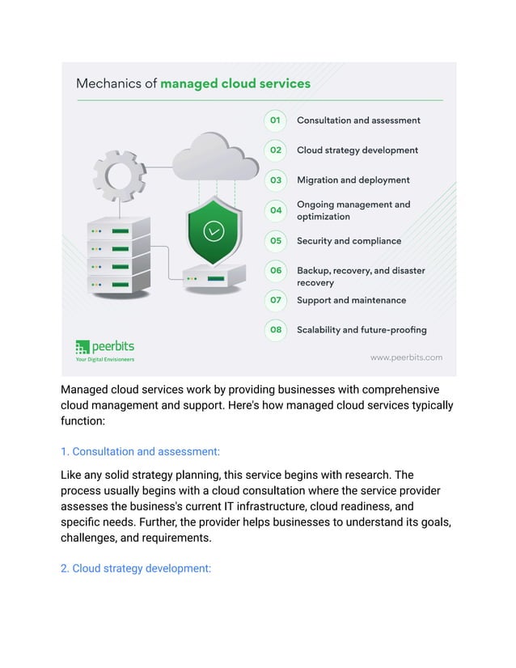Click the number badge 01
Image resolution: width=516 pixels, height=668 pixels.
pos(275,120)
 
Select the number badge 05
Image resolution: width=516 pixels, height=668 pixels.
pos(276,241)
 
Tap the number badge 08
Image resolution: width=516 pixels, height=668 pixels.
pos(276,330)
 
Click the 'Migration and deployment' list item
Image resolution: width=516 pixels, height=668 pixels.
pos(353,180)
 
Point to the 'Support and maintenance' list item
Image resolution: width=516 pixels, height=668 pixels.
pos(351,300)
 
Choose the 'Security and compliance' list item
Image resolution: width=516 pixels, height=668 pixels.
pos(349,241)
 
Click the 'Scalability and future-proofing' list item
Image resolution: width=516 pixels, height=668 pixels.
pos(362,330)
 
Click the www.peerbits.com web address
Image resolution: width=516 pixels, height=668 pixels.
pos(406,357)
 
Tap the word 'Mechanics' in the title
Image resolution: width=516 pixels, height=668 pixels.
pos(116,83)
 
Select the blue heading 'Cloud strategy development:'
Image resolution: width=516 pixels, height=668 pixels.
pos(135,569)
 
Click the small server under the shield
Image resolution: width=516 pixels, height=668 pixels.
pos(214,277)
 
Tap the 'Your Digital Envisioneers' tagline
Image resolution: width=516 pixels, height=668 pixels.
pos(104,359)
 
